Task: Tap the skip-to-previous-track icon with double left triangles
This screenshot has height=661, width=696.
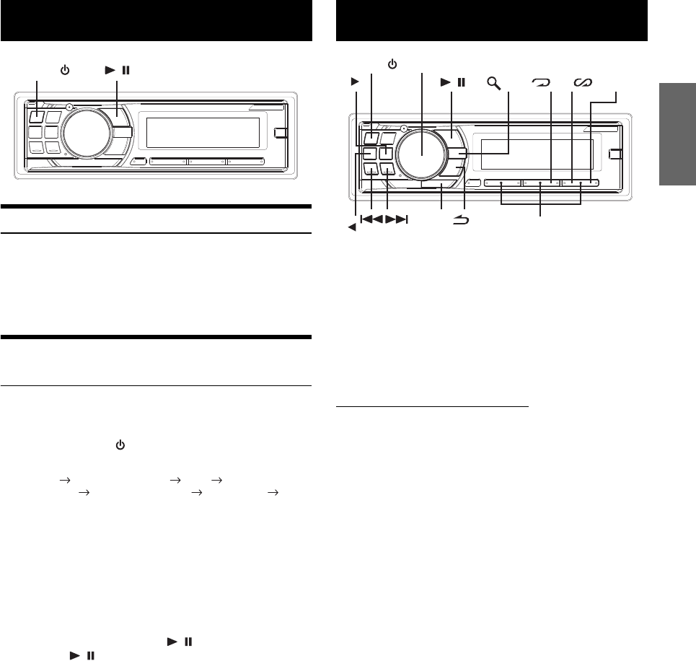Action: point(371,219)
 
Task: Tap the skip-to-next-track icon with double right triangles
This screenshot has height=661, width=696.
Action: point(397,219)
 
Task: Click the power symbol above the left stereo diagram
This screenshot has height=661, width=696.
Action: point(64,71)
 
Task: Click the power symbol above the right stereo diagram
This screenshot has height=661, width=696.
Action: point(392,64)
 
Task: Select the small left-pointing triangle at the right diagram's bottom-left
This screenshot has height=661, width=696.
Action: point(352,227)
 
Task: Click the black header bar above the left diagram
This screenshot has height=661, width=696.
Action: point(156,21)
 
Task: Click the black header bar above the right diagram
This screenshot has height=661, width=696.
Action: point(492,21)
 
